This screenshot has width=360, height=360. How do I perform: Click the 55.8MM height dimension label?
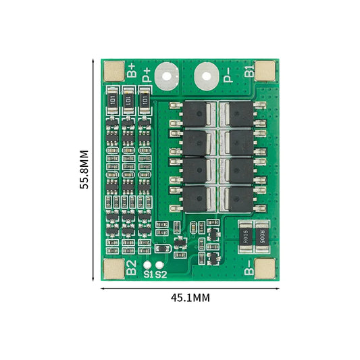point(84,170)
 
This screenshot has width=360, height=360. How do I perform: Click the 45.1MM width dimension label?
point(190,297)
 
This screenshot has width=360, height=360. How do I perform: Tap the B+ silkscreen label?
point(132,70)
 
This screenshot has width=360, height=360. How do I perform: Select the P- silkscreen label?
point(228,74)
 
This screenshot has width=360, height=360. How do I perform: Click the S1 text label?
point(148,275)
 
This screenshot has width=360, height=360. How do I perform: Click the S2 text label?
point(161,275)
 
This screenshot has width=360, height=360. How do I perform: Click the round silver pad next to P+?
point(165,76)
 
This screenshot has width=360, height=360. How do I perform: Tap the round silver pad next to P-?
point(206,76)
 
